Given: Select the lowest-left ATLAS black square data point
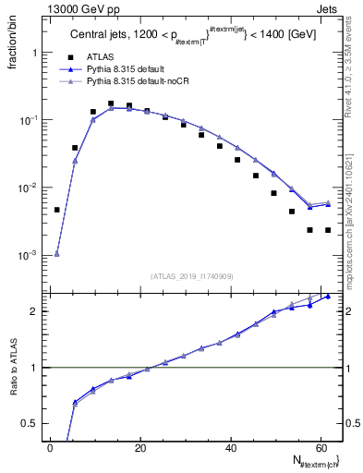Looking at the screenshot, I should [x=57, y=210].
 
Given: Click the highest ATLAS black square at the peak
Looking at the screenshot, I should [x=111, y=103].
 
